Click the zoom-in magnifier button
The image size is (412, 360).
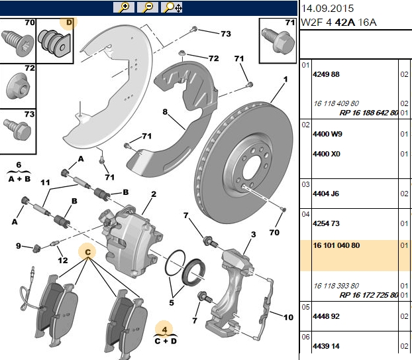(x=124, y=7)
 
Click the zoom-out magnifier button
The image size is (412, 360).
(x=148, y=7)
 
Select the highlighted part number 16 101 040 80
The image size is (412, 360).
(x=336, y=245)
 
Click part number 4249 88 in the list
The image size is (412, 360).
(x=326, y=74)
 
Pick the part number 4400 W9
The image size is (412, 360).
(x=327, y=134)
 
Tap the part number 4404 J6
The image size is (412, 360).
(x=326, y=194)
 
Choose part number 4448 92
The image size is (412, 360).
(x=326, y=316)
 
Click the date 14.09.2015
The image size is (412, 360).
(x=327, y=9)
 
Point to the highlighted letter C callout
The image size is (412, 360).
(x=87, y=252)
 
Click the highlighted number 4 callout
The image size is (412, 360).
(x=164, y=330)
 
